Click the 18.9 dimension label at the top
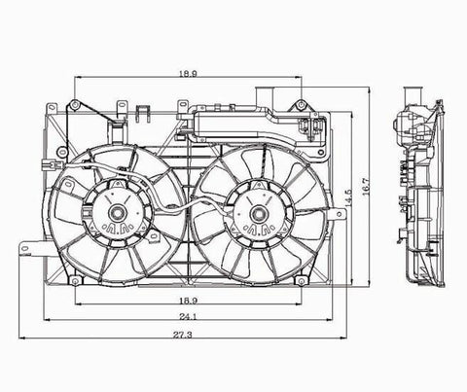188,74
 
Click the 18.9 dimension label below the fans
188,301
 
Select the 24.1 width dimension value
188,316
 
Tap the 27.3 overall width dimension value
182,335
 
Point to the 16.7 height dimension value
366,187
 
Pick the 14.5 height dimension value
348,198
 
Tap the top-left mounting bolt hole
75,104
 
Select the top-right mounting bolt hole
302,104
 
